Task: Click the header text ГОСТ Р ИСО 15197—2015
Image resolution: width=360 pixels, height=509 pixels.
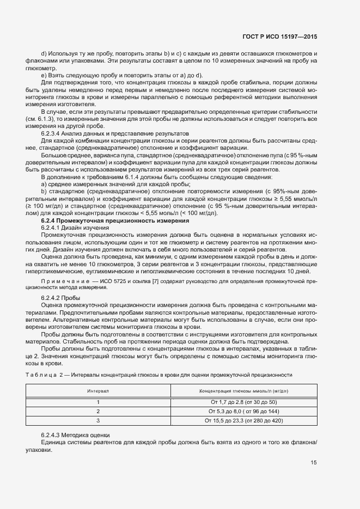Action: pyautogui.click(x=279, y=36)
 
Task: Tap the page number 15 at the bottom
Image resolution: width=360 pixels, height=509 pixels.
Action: pyautogui.click(x=314, y=463)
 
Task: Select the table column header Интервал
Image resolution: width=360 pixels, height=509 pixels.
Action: pyautogui.click(x=98, y=391)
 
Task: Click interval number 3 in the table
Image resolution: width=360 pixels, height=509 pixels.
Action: pyautogui.click(x=98, y=420)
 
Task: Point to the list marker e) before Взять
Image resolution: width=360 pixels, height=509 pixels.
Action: pyautogui.click(x=44, y=75)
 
